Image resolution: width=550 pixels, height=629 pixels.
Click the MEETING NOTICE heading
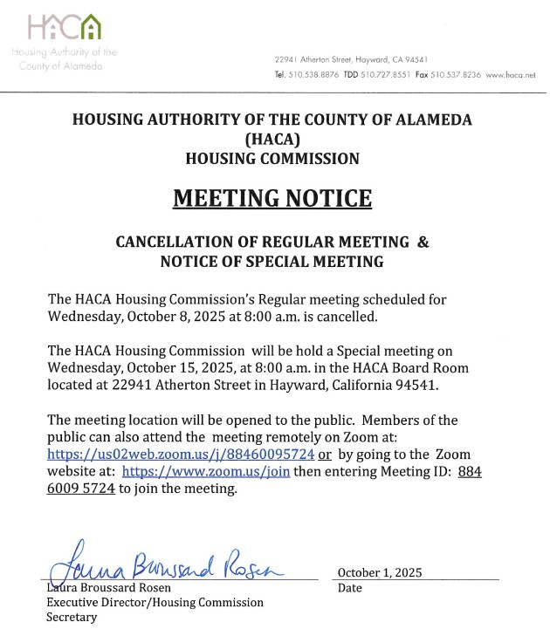pyautogui.click(x=272, y=198)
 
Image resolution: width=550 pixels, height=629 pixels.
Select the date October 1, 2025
pyautogui.click(x=379, y=572)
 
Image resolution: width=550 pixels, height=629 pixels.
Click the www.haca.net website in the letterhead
pyautogui.click(x=510, y=76)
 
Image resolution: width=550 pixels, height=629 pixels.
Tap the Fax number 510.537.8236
pyautogui.click(x=459, y=76)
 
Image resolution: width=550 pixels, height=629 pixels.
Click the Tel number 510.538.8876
pyautogui.click(x=306, y=76)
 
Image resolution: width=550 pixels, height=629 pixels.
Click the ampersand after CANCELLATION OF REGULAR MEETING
pyautogui.click(x=423, y=242)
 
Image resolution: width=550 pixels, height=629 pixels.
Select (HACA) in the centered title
pyautogui.click(x=272, y=140)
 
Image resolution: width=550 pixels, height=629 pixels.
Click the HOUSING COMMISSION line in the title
pyautogui.click(x=272, y=159)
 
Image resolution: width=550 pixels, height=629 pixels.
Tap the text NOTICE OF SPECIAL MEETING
pyautogui.click(x=272, y=261)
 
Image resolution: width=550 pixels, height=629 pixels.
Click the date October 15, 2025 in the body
pyautogui.click(x=155, y=366)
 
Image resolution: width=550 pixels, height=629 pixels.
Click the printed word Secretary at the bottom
pyautogui.click(x=72, y=617)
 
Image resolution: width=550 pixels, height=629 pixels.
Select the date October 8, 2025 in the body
pyautogui.click(x=149, y=316)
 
